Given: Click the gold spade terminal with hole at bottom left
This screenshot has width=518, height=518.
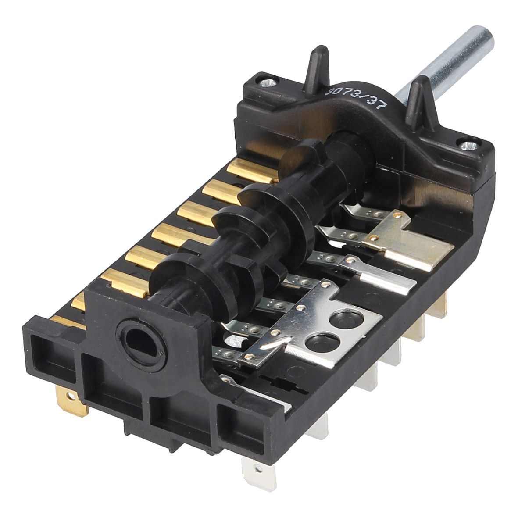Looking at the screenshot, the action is pos(72,401).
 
